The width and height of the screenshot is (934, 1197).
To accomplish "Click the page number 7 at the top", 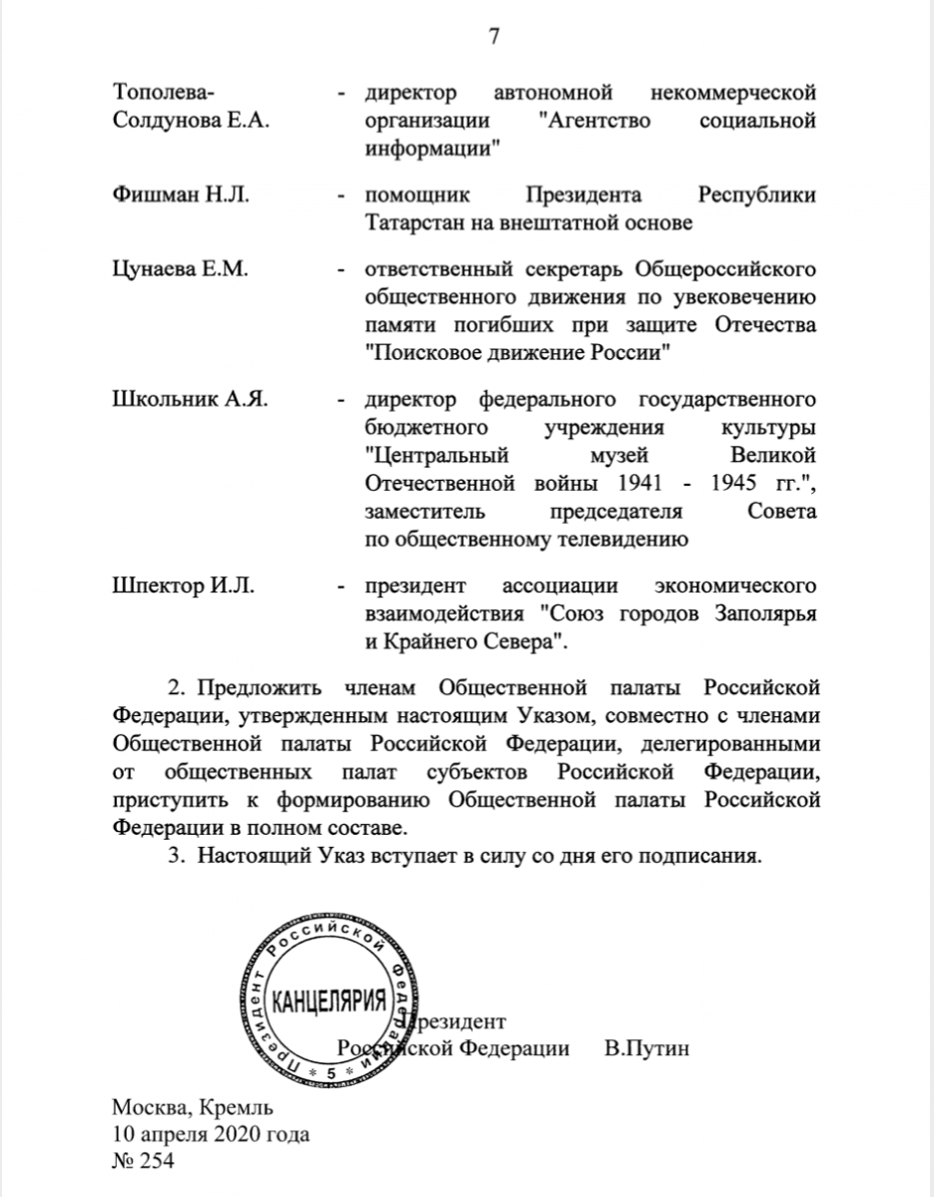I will tap(492, 37).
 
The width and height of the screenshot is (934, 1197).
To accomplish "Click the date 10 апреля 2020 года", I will tap(211, 1135).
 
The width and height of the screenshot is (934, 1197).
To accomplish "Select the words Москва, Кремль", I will tap(192, 1108).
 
